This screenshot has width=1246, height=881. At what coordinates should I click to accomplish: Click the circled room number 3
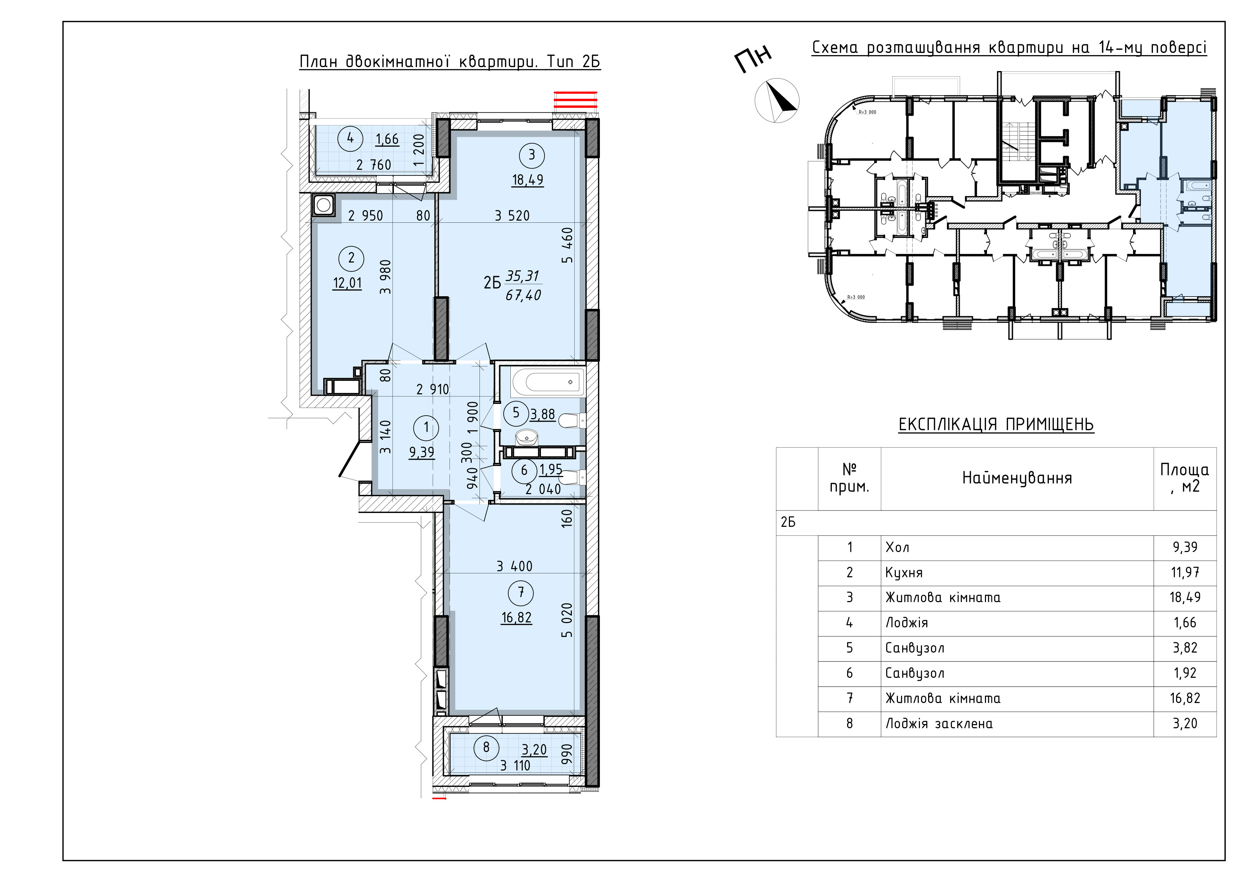tap(531, 155)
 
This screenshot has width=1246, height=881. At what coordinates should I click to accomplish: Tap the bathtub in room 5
tap(548, 383)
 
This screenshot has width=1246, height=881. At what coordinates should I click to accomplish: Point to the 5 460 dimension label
tap(567, 245)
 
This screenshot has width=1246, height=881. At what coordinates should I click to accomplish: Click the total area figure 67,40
tap(523, 295)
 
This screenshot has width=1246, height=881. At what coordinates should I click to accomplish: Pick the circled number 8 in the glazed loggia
tap(486, 747)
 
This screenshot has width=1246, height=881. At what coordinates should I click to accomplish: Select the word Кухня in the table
tap(904, 572)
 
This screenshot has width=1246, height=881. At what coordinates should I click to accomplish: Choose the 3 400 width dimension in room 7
tap(514, 566)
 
